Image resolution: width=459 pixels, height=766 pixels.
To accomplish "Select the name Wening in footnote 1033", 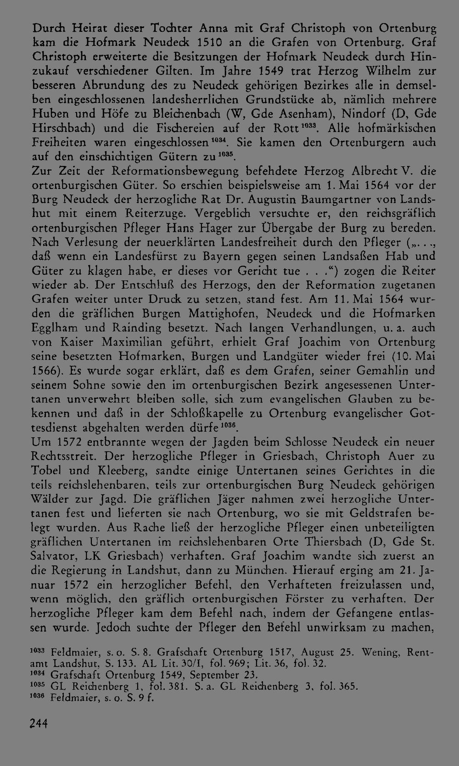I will click(379, 651).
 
